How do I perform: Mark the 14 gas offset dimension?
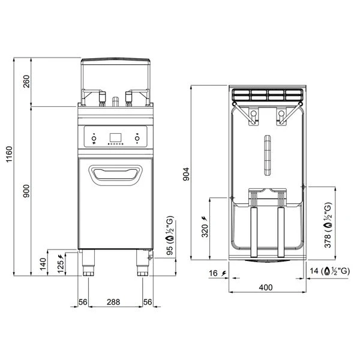pos(334,272)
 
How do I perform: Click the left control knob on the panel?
pos(95,140)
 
